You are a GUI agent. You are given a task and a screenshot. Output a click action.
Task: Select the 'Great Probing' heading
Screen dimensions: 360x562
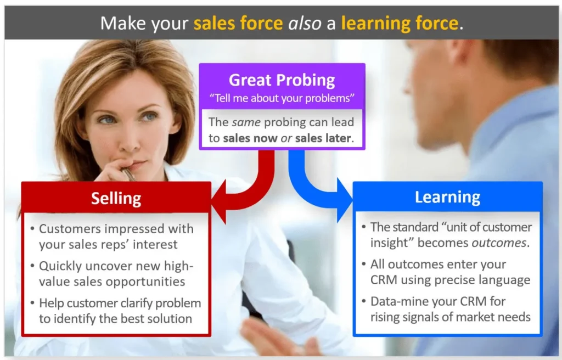pos(282,80)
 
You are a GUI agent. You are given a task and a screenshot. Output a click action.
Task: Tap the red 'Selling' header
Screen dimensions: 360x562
pos(116,198)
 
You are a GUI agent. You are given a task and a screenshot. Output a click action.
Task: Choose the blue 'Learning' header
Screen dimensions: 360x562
pos(447,197)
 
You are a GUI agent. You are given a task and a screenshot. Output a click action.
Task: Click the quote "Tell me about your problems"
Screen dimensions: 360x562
pos(282,99)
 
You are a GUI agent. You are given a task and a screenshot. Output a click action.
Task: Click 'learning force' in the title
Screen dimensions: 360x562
pos(399,23)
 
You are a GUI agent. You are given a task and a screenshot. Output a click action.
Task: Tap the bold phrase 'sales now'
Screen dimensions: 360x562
pos(250,138)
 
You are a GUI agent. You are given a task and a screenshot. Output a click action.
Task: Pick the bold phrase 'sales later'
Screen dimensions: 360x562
pos(323,138)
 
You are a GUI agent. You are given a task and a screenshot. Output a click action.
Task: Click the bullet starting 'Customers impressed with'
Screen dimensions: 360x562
pos(116,236)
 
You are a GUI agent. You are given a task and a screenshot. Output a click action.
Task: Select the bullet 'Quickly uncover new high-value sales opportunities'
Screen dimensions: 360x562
pos(116,273)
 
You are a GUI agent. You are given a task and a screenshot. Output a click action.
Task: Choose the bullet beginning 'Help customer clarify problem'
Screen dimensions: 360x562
pos(120,311)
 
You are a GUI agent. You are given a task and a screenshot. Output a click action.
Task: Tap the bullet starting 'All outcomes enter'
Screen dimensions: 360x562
pos(449,272)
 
